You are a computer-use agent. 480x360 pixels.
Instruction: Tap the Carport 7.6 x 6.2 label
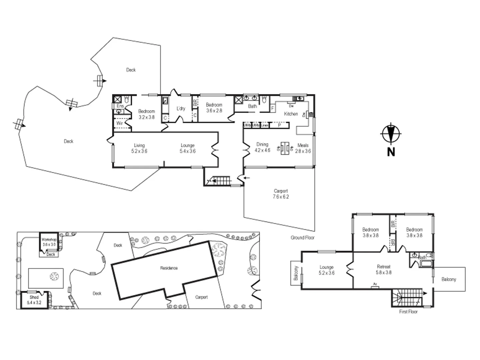click(281, 194)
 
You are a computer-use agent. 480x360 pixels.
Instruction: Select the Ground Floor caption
click(302, 238)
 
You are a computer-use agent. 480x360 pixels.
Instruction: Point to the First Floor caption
click(408, 312)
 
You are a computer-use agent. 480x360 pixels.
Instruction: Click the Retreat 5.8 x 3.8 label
click(384, 269)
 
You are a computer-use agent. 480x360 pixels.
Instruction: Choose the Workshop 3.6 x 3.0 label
click(49, 242)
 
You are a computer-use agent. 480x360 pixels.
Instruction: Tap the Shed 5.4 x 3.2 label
click(34, 300)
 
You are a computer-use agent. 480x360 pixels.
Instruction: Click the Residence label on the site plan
click(169, 268)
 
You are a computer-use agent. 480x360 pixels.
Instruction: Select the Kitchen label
click(291, 114)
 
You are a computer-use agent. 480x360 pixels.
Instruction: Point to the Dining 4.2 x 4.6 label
click(262, 147)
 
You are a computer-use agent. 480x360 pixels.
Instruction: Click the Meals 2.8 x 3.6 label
click(303, 148)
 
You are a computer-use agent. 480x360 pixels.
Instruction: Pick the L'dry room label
click(181, 109)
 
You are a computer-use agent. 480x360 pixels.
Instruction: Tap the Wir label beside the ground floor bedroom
click(119, 123)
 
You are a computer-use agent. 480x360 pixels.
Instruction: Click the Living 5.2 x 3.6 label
click(139, 148)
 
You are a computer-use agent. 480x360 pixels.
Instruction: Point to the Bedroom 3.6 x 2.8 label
click(214, 107)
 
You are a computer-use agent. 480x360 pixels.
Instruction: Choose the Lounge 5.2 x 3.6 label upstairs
click(326, 270)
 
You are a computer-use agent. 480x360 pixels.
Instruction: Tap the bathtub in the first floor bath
click(426, 264)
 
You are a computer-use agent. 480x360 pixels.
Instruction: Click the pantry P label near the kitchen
click(279, 125)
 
